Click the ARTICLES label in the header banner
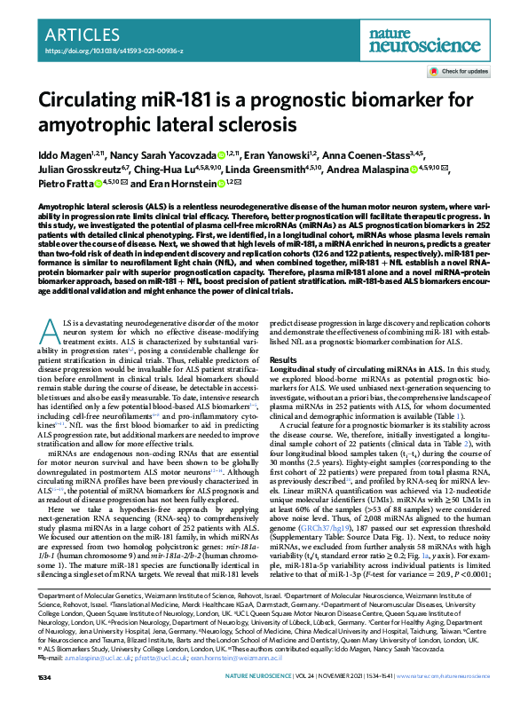point(84,35)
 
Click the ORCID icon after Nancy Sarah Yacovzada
point(220,154)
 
